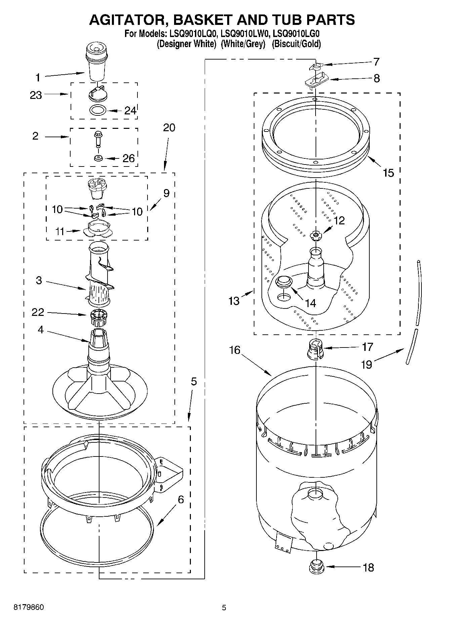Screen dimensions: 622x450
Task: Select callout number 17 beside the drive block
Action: pos(368,346)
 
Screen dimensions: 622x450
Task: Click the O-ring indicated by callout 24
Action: pos(98,110)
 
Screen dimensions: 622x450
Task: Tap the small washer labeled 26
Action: pos(98,158)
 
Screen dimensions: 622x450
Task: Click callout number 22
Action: pos(38,312)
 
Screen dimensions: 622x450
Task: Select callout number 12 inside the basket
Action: pos(339,220)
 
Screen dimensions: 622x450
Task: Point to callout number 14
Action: pos(311,303)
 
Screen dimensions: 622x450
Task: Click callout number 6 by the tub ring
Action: pos(181,500)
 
